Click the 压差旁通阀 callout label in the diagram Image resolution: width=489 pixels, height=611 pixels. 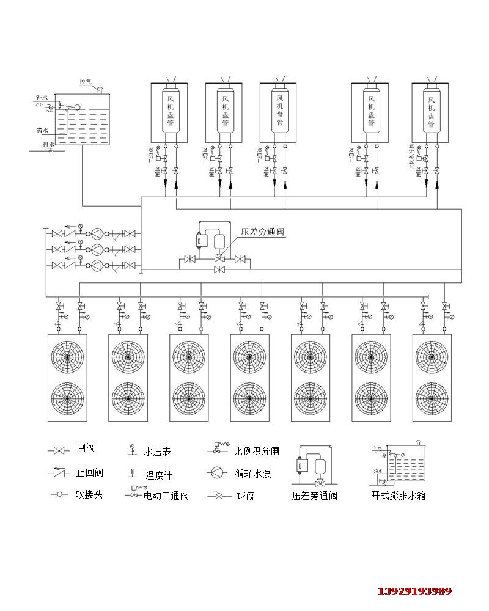click(x=263, y=232)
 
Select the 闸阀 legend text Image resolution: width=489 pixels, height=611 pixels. click(x=86, y=448)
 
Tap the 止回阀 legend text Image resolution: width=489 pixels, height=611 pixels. click(x=90, y=472)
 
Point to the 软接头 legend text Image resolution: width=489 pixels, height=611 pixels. click(x=89, y=494)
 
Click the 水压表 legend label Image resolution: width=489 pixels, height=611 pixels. click(x=157, y=452)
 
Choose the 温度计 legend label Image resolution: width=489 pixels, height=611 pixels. click(x=159, y=475)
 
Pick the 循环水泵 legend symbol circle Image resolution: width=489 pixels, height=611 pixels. click(x=217, y=472)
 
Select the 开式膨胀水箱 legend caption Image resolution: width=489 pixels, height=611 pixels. click(x=398, y=496)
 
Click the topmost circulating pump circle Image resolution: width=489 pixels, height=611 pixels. click(x=96, y=233)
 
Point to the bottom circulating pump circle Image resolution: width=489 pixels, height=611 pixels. click(x=96, y=265)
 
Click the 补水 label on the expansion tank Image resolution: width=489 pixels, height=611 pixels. click(x=42, y=97)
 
